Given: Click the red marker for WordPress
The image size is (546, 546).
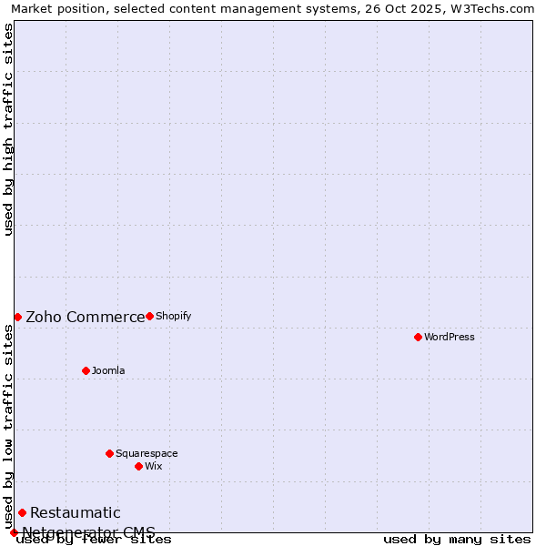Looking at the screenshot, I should point(418,337).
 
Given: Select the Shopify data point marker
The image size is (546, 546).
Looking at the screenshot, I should point(149,316).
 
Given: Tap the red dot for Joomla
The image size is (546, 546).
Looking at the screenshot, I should point(86,370).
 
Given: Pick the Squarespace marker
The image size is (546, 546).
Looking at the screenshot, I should point(109,453).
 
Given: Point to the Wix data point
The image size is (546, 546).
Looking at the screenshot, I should point(138,466).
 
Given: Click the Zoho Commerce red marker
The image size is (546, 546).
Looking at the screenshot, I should point(17,317).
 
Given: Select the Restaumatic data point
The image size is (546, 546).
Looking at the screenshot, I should point(22,512).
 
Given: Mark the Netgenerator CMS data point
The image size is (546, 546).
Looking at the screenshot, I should point(14,532).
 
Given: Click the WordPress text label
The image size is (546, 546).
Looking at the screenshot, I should point(450,337).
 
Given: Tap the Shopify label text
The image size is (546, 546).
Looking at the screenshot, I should point(174,316).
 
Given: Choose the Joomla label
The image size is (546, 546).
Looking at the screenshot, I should point(108,370).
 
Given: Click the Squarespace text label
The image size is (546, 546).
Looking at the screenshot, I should point(147,453).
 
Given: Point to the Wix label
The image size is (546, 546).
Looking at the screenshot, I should point(154,466).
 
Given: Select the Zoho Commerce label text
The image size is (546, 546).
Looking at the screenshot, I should point(86,317).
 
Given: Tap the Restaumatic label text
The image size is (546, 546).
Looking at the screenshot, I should point(76,512).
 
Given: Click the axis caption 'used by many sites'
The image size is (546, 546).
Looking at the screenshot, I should point(457,540).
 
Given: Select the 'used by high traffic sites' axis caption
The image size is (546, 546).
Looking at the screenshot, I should point(8,129).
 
